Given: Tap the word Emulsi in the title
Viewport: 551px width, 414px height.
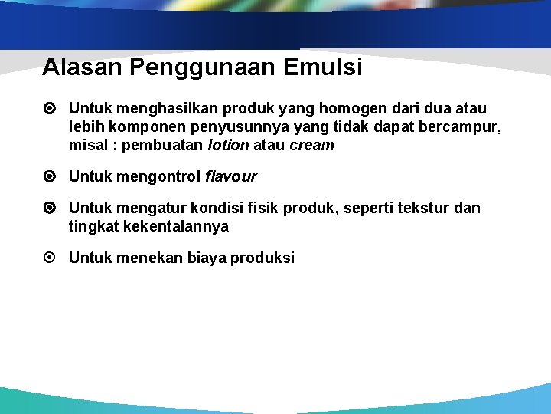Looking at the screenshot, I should pos(323,67).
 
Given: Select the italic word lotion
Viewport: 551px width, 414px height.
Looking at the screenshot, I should pos(229,145).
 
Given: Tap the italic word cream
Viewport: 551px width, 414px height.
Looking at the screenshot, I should pos(311,145).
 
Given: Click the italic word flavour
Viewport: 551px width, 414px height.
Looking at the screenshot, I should pos(231,177).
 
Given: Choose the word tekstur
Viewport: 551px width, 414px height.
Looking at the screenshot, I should pos(423,209).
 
